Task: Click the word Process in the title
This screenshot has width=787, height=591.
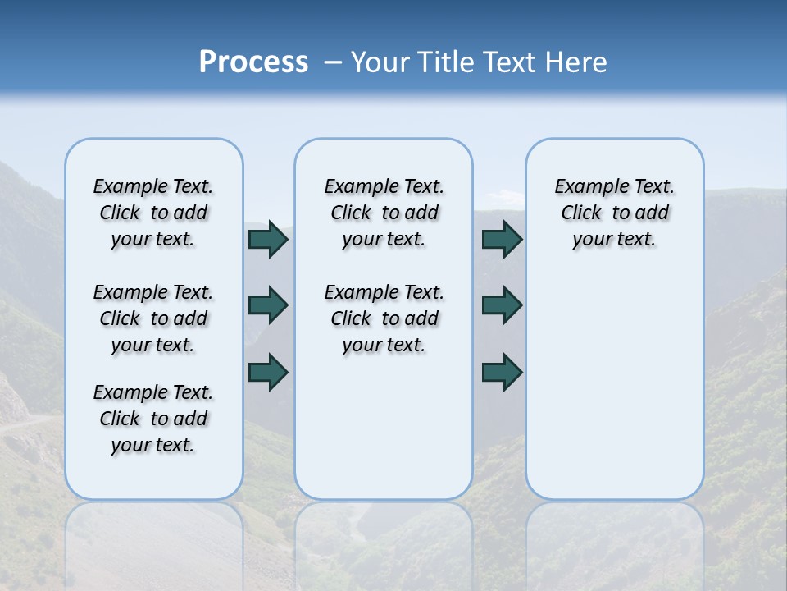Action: click(x=253, y=62)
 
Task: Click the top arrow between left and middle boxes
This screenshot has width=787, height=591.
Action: click(x=268, y=239)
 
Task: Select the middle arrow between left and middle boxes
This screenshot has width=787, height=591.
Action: click(x=268, y=305)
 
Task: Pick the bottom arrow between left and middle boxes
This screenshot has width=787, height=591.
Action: click(x=268, y=372)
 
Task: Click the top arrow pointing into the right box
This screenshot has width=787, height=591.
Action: click(x=502, y=239)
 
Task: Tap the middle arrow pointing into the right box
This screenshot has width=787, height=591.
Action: click(x=502, y=305)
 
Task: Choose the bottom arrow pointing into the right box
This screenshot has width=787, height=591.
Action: click(x=502, y=372)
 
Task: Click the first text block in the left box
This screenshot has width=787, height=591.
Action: click(x=153, y=213)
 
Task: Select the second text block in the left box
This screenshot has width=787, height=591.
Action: click(x=153, y=318)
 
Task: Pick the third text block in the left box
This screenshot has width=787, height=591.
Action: click(x=153, y=419)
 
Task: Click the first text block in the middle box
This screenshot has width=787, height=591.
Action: click(x=384, y=213)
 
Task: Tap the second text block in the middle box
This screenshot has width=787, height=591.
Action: click(x=384, y=318)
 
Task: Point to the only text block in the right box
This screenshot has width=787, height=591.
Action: click(x=614, y=213)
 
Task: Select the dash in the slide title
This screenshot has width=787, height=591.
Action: click(x=333, y=62)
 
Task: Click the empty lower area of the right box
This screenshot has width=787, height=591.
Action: click(x=614, y=386)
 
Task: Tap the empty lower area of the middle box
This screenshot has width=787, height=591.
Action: click(x=384, y=427)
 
